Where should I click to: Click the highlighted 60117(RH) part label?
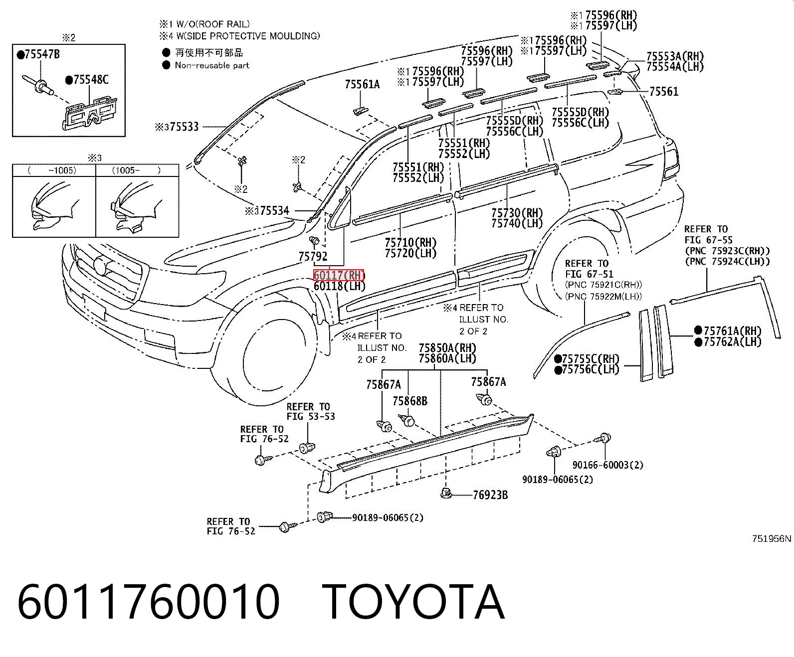pyautogui.click(x=339, y=275)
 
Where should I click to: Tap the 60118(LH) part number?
pyautogui.click(x=340, y=286)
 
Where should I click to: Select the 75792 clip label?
pyautogui.click(x=313, y=256)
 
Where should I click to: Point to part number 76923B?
pyautogui.click(x=491, y=495)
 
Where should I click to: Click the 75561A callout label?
pyautogui.click(x=363, y=84)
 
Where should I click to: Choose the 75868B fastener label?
pyautogui.click(x=410, y=401)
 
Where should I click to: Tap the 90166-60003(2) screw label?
pyautogui.click(x=607, y=465)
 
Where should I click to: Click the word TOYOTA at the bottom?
pyautogui.click(x=413, y=603)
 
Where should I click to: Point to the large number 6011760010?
pyautogui.click(x=148, y=603)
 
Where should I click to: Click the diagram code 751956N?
pyautogui.click(x=772, y=538)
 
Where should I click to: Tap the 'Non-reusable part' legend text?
pyautogui.click(x=212, y=65)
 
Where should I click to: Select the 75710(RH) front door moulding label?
pyautogui.click(x=410, y=242)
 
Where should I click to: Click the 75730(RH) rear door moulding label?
pyautogui.click(x=517, y=212)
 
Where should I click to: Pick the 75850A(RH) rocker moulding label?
pyautogui.click(x=447, y=348)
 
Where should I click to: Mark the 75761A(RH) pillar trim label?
pyautogui.click(x=728, y=330)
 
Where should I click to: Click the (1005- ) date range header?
pyautogui.click(x=137, y=170)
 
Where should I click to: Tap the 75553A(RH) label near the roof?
pyautogui.click(x=675, y=56)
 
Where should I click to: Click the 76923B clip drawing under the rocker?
pyautogui.click(x=446, y=493)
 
